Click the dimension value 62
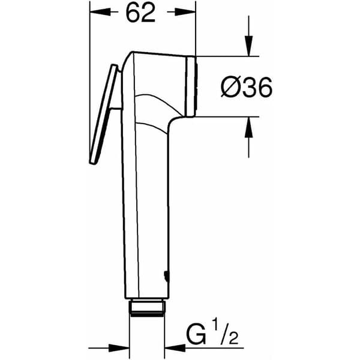(x=140, y=13)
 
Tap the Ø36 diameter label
(x=247, y=88)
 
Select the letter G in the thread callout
(x=196, y=335)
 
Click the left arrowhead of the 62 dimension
(x=100, y=12)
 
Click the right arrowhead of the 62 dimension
(x=185, y=12)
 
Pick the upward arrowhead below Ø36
(x=248, y=127)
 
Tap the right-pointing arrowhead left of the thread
(x=119, y=348)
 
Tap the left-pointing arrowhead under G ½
(x=175, y=348)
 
